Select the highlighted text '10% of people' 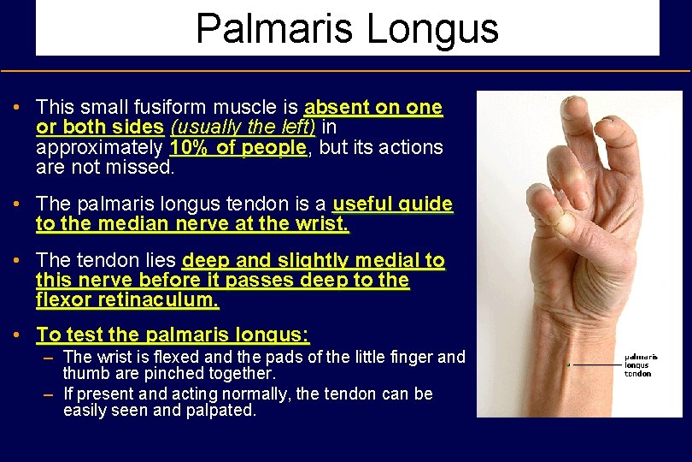point(238,147)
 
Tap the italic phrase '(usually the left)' point(243,127)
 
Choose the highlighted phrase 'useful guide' point(393,205)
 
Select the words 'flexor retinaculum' point(127,301)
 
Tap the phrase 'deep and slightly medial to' point(314,260)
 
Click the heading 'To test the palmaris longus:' point(173,335)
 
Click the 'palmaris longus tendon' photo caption point(640,365)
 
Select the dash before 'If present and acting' point(50,394)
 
